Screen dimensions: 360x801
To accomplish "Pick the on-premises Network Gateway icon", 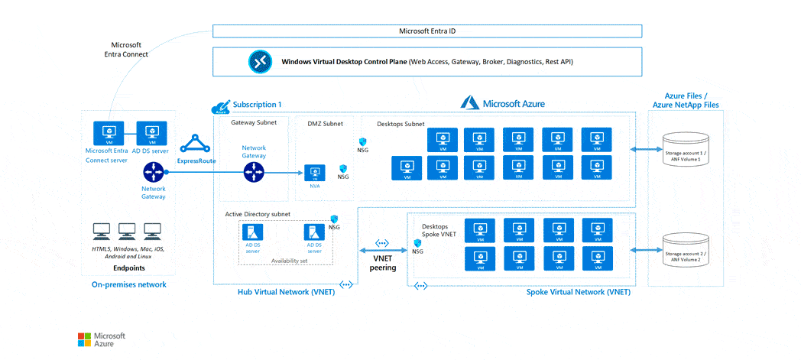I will click(153, 174).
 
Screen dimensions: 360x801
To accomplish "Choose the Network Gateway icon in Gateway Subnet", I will click(253, 173).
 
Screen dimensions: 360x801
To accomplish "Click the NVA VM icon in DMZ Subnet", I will click(313, 173).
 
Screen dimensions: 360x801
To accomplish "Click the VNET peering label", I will click(382, 262).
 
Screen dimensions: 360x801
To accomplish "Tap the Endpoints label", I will click(128, 268).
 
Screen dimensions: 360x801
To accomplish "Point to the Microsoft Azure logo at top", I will click(503, 102).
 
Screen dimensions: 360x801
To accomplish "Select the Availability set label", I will click(289, 261).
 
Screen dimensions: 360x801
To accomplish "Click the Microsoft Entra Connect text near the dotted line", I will click(126, 50).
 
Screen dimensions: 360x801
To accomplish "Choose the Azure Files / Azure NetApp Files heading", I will click(685, 100).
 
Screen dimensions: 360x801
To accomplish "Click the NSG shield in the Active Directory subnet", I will click(333, 219).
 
